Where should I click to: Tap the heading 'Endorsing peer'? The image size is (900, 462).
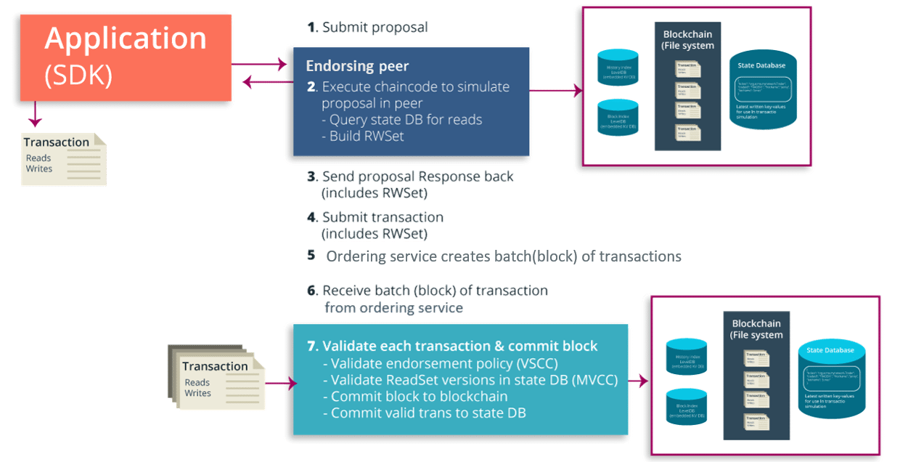tap(357, 66)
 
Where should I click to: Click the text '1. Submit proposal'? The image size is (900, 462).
tap(368, 28)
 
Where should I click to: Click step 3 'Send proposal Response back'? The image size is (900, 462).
tap(417, 177)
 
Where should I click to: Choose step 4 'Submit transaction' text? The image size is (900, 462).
tap(382, 217)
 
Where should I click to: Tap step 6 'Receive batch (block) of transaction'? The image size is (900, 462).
tap(435, 291)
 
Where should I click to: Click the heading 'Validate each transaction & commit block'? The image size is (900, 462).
tap(459, 346)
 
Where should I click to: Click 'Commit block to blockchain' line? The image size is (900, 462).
tap(419, 397)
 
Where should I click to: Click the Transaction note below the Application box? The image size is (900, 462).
tap(64, 157)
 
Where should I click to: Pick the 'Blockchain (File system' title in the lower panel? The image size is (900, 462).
tap(757, 329)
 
